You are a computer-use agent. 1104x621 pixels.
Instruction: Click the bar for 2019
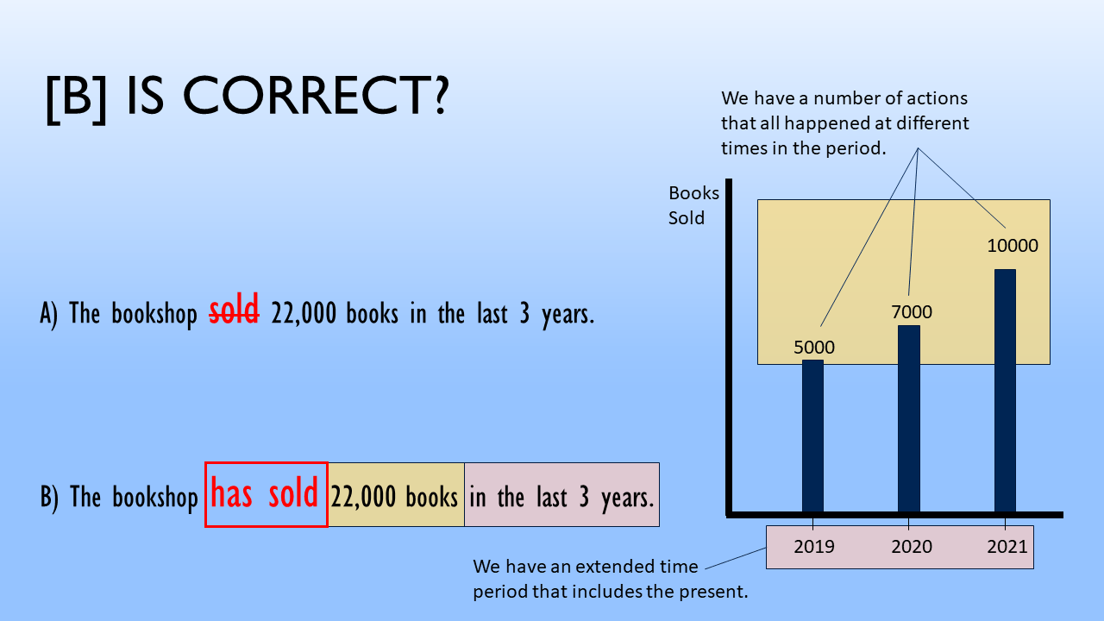tap(812, 436)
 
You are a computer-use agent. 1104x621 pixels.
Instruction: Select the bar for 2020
tap(908, 418)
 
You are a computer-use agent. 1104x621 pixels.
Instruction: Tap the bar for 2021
tap(1005, 390)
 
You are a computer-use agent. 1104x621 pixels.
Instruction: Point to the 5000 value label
tap(814, 348)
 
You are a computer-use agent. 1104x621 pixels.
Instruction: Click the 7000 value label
tap(912, 312)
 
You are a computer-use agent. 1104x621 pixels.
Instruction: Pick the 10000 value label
tap(1013, 246)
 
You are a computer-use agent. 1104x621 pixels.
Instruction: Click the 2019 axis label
tap(814, 546)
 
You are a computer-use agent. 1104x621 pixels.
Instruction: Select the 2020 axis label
tap(911, 546)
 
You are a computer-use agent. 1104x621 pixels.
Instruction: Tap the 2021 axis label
tap(1007, 546)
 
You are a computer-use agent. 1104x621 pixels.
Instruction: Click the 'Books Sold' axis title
tap(693, 205)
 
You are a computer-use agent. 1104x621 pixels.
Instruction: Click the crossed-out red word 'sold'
tap(235, 312)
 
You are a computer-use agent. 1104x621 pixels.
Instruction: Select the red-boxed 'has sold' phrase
tap(266, 495)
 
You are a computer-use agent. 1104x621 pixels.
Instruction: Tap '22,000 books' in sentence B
tap(395, 497)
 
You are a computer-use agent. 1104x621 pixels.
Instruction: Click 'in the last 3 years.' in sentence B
tap(561, 497)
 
